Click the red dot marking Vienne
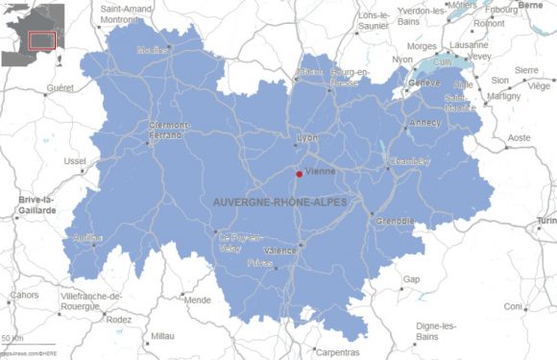point(299,174)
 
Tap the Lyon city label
point(307,137)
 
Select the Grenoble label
point(394,221)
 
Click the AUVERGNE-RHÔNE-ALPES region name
point(279,203)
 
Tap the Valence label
point(280,250)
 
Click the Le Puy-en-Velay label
point(239,242)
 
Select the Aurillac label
point(87,237)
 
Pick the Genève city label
point(424,83)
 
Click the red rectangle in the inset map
point(41,40)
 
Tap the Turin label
point(545,221)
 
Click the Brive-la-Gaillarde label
point(36,205)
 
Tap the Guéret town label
point(60,87)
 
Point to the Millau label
point(163,337)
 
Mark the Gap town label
point(411,279)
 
